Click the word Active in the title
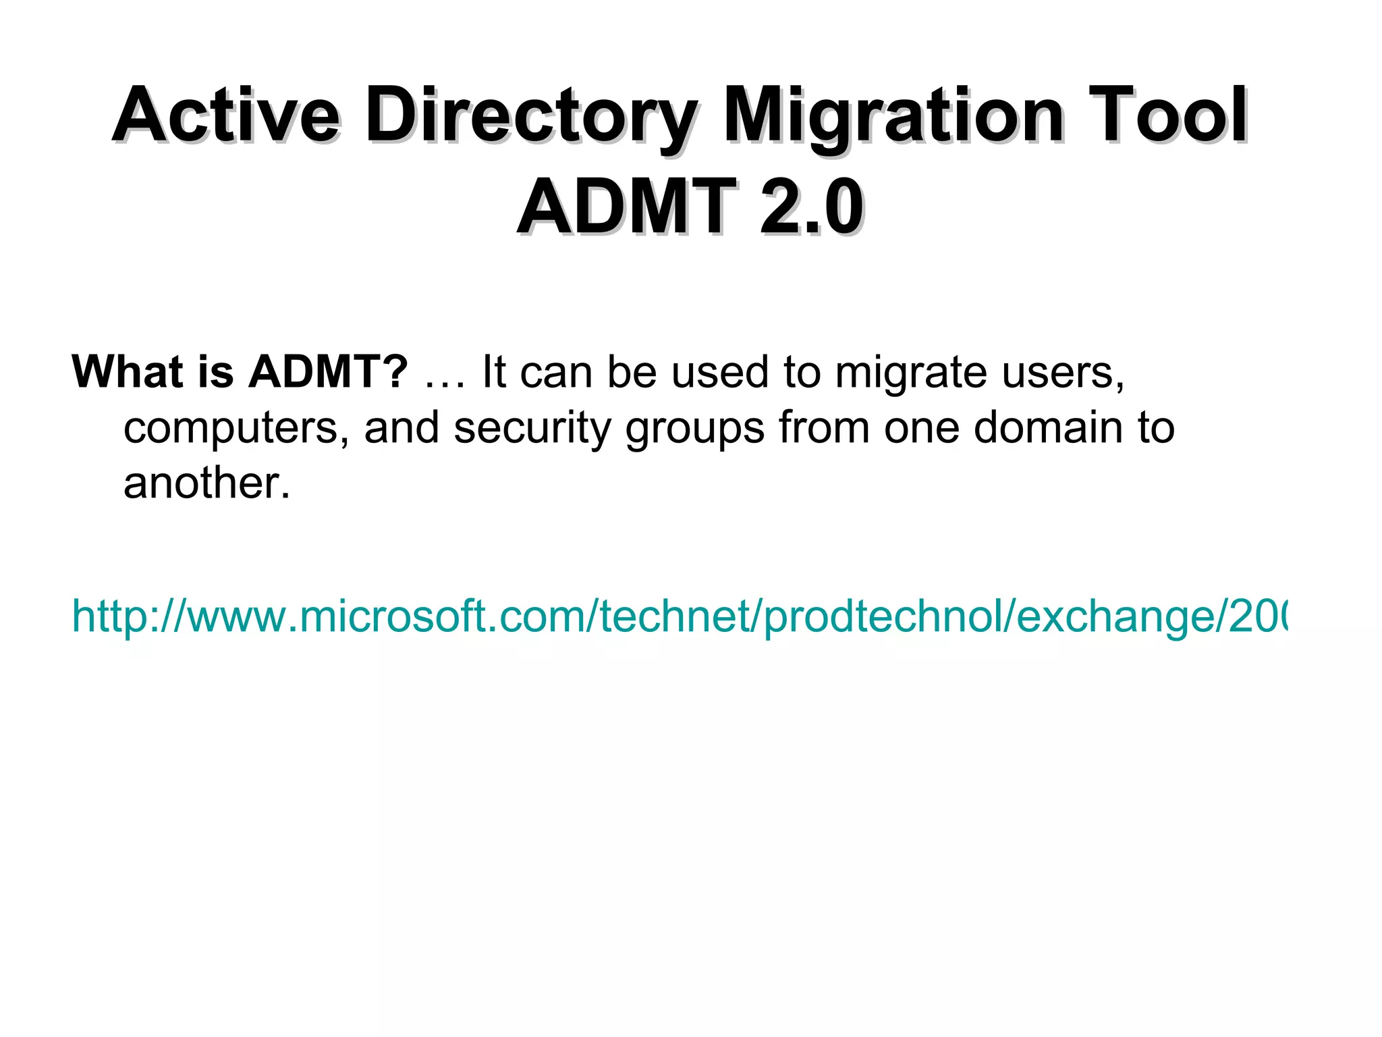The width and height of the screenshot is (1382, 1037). pos(226,116)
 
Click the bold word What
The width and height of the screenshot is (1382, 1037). pos(128,372)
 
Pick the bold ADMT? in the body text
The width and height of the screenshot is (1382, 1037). pos(329,372)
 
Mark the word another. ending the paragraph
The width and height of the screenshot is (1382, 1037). pos(206,483)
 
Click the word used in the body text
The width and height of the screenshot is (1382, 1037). pos(719,372)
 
